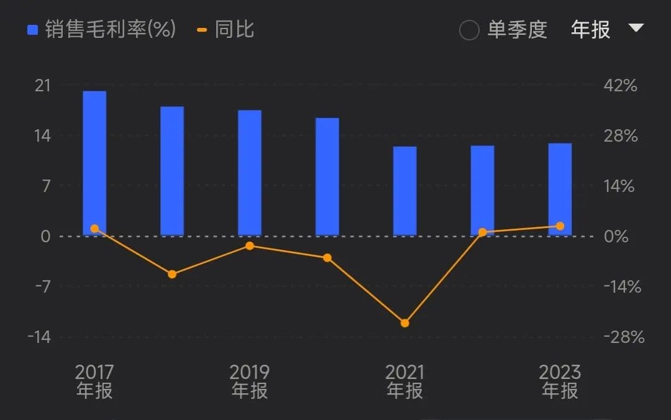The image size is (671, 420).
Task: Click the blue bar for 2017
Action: coord(94,163)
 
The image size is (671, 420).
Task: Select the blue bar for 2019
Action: coord(250,173)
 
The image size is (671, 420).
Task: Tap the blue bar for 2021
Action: coord(405,191)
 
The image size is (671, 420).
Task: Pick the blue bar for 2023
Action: coord(560,189)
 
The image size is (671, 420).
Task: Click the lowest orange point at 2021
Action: coord(405,323)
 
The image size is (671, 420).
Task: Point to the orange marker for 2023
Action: coord(560,226)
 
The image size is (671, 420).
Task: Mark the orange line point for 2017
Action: coord(94,229)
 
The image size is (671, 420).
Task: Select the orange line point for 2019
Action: coord(250,246)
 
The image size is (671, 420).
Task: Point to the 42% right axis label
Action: coord(620,85)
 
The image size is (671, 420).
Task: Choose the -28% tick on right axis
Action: coord(623,337)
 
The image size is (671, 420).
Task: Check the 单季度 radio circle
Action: coord(469,30)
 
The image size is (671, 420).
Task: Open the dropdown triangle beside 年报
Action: coord(636,28)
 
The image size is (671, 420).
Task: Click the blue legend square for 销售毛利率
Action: coord(33,30)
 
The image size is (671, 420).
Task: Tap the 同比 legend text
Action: coord(234,29)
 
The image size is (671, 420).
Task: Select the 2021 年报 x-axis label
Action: coord(405,381)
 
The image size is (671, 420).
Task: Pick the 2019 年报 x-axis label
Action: coord(250,381)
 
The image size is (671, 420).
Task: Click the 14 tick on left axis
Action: coord(42,135)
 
